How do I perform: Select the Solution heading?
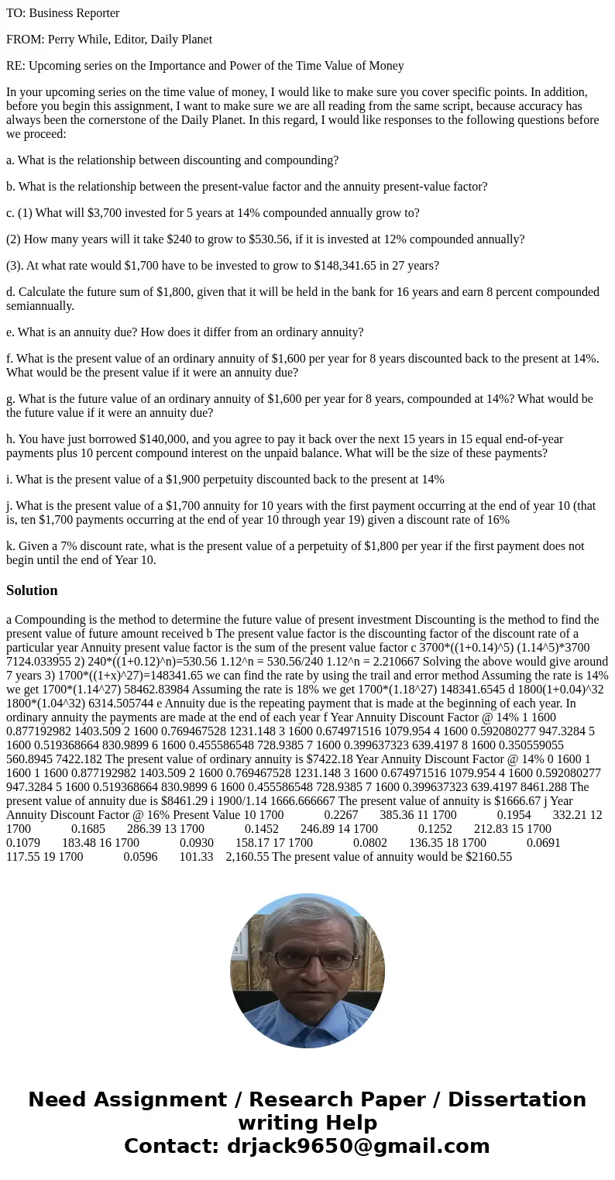point(32,590)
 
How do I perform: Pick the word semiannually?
point(40,306)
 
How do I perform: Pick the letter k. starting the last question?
point(11,546)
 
